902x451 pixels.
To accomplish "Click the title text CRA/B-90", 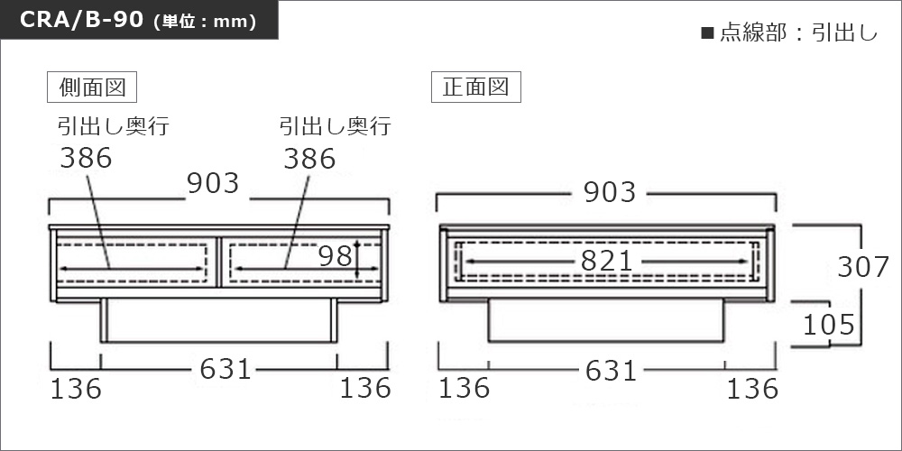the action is pyautogui.click(x=81, y=20).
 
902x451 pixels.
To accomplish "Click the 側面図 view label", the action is pyautogui.click(x=92, y=87).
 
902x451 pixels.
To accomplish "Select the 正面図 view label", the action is pyautogui.click(x=475, y=87).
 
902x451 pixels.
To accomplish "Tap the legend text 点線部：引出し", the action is pyautogui.click(x=790, y=32).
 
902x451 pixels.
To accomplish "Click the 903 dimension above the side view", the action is pyautogui.click(x=213, y=183).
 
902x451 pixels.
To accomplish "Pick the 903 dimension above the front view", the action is pyautogui.click(x=610, y=192).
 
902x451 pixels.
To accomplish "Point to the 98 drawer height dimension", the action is pyautogui.click(x=336, y=256).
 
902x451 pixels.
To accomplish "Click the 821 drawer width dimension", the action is pyautogui.click(x=606, y=262).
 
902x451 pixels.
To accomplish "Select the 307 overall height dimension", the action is pyautogui.click(x=863, y=268).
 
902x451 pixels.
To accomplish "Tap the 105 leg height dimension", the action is pyautogui.click(x=829, y=326).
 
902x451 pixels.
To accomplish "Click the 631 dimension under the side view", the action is pyautogui.click(x=225, y=369).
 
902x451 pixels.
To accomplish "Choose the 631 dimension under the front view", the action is pyautogui.click(x=611, y=371).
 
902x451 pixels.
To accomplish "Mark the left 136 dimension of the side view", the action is pyautogui.click(x=76, y=389).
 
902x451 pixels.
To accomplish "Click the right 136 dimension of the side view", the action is pyautogui.click(x=365, y=388).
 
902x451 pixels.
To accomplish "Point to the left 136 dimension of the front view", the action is pyautogui.click(x=465, y=388).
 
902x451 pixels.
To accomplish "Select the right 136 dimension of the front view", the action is pyautogui.click(x=752, y=389).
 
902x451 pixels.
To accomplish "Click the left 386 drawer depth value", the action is pyautogui.click(x=86, y=158).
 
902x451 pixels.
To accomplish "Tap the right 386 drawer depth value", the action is pyautogui.click(x=309, y=158).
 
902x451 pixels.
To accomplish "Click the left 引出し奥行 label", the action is pyautogui.click(x=114, y=125).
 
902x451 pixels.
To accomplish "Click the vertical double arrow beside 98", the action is pyautogui.click(x=357, y=260).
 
